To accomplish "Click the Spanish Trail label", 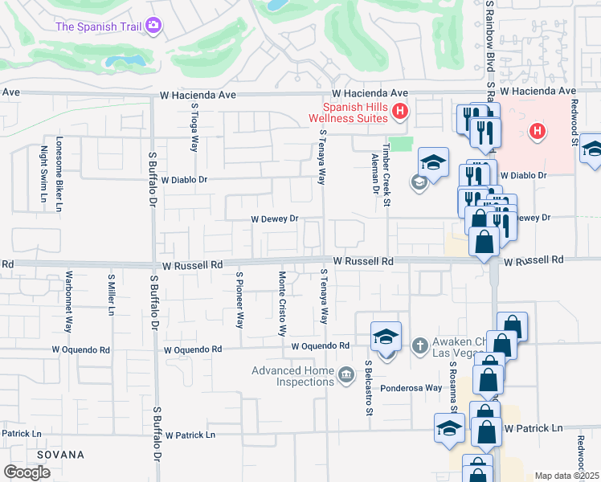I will (x=100, y=27).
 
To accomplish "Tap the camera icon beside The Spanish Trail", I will (x=153, y=27).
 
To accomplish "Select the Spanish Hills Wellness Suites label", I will (x=355, y=112).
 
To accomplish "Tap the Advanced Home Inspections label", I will (x=293, y=376).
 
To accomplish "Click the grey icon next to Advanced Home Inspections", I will (x=346, y=374).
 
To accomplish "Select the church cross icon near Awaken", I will (x=419, y=345).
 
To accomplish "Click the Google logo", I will (x=27, y=472).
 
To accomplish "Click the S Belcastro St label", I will (x=369, y=388).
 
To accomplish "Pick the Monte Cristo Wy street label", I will (x=282, y=303).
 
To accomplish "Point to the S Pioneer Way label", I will (x=239, y=300).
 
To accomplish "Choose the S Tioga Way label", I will (x=194, y=133).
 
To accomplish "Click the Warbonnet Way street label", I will (x=69, y=300).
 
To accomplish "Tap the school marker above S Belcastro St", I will (x=386, y=337).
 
